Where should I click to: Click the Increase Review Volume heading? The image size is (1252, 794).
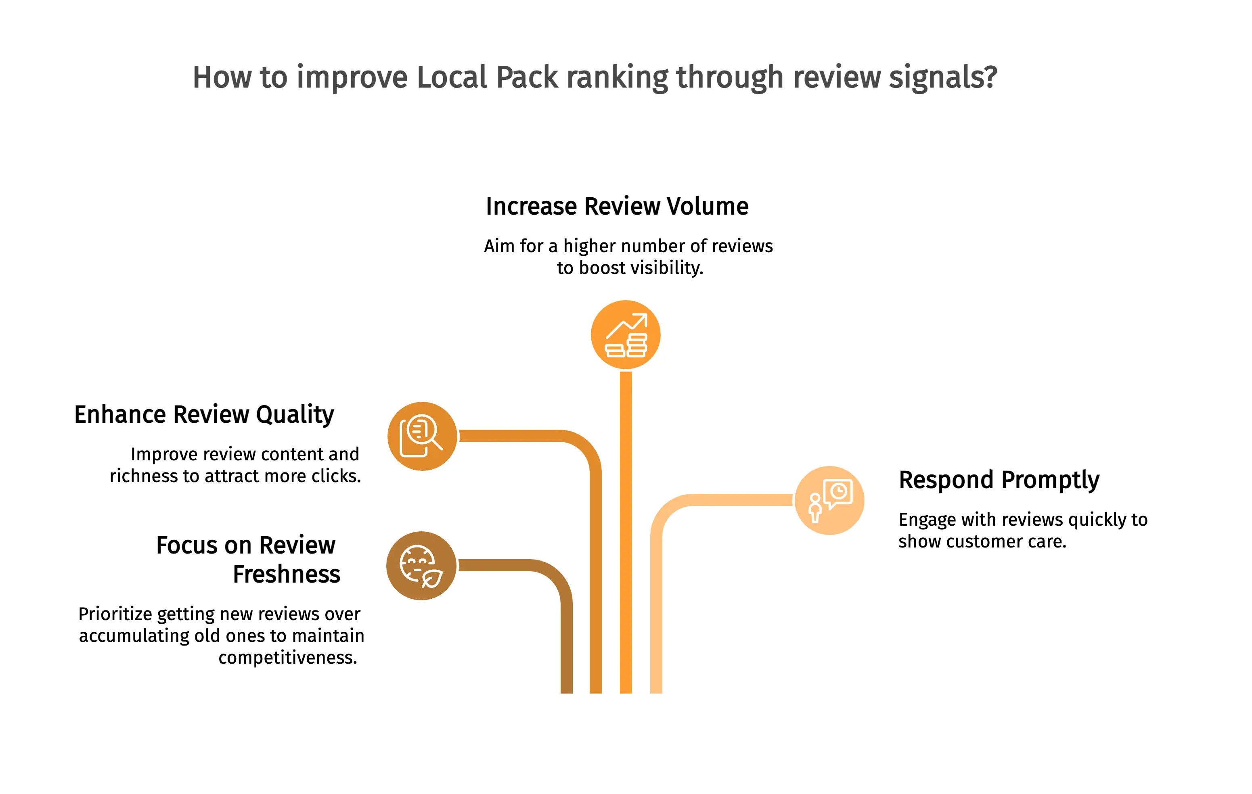point(617,206)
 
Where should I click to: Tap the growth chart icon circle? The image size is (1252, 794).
point(626,334)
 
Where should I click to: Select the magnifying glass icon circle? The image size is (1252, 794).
point(422,436)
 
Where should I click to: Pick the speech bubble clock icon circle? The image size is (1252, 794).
point(829,500)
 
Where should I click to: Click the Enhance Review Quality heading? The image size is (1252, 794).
point(204,415)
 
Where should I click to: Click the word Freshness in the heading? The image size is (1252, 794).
point(287,574)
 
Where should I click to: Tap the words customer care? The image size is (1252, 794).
point(1006,541)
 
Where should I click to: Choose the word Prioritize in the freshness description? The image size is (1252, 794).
point(115,614)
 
